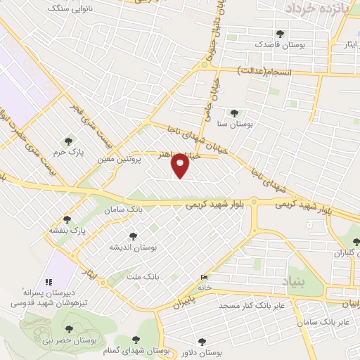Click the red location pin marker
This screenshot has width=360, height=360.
click(x=181, y=165)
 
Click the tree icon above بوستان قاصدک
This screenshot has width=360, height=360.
click(x=280, y=33)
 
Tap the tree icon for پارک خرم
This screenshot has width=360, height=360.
click(x=67, y=141)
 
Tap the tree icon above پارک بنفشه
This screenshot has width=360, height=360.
click(x=67, y=219)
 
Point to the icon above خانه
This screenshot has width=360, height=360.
click(x=205, y=278)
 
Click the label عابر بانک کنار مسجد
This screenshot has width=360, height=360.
click(x=251, y=306)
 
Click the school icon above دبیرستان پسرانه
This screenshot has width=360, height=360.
click(x=49, y=279)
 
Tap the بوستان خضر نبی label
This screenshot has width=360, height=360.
click(x=67, y=341)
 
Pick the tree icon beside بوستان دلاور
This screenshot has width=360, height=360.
click(x=202, y=342)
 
